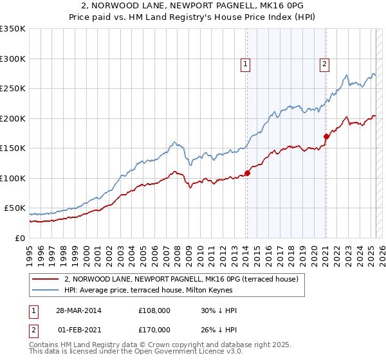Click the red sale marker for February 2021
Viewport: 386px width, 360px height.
point(326,136)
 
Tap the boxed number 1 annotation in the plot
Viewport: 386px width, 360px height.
point(246,64)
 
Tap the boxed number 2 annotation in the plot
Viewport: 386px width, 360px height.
point(325,64)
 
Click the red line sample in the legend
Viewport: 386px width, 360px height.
point(46,280)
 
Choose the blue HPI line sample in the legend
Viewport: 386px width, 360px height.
point(46,290)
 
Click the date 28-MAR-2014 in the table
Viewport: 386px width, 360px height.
point(78,310)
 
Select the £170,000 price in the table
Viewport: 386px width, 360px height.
point(154,330)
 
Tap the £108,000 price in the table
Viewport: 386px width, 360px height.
point(154,310)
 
